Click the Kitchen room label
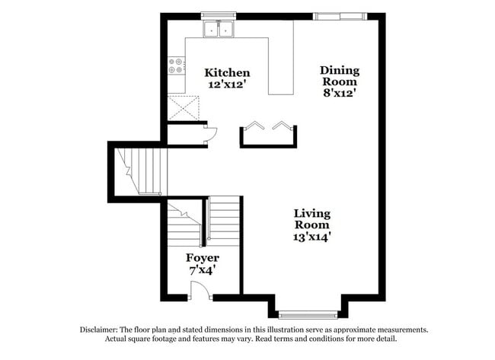coord(227,73)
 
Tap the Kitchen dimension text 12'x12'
coord(227,84)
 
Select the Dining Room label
coord(339,76)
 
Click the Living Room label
coord(312,218)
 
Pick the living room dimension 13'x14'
coord(312,236)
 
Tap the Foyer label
coord(201,257)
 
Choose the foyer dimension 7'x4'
coord(201,269)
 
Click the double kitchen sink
coord(219,30)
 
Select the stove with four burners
coord(176,65)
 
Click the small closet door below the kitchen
coord(211,135)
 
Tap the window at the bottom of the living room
coord(308,314)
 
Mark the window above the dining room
coord(340,15)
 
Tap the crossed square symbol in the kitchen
coord(183,108)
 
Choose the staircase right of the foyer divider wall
coord(224,221)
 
